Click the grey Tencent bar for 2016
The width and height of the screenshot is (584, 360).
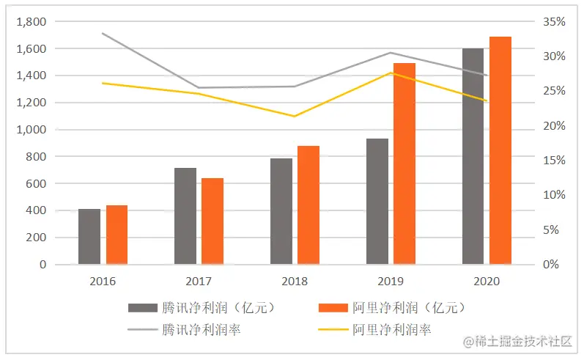click(89, 237)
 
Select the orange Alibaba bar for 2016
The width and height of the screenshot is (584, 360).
click(117, 235)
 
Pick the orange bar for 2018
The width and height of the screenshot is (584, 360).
click(308, 205)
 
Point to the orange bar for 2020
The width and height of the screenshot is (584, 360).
click(500, 150)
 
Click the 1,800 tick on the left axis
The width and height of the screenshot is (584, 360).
click(31, 22)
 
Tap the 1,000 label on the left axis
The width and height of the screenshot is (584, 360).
click(31, 130)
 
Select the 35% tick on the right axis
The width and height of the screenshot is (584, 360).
click(553, 22)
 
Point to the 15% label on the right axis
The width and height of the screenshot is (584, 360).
click(553, 161)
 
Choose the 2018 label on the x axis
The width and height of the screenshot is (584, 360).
click(295, 281)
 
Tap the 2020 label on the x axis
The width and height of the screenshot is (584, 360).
click(487, 281)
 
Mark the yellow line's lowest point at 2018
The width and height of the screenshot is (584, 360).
click(295, 116)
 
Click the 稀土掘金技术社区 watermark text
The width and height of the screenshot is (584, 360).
click(522, 341)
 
